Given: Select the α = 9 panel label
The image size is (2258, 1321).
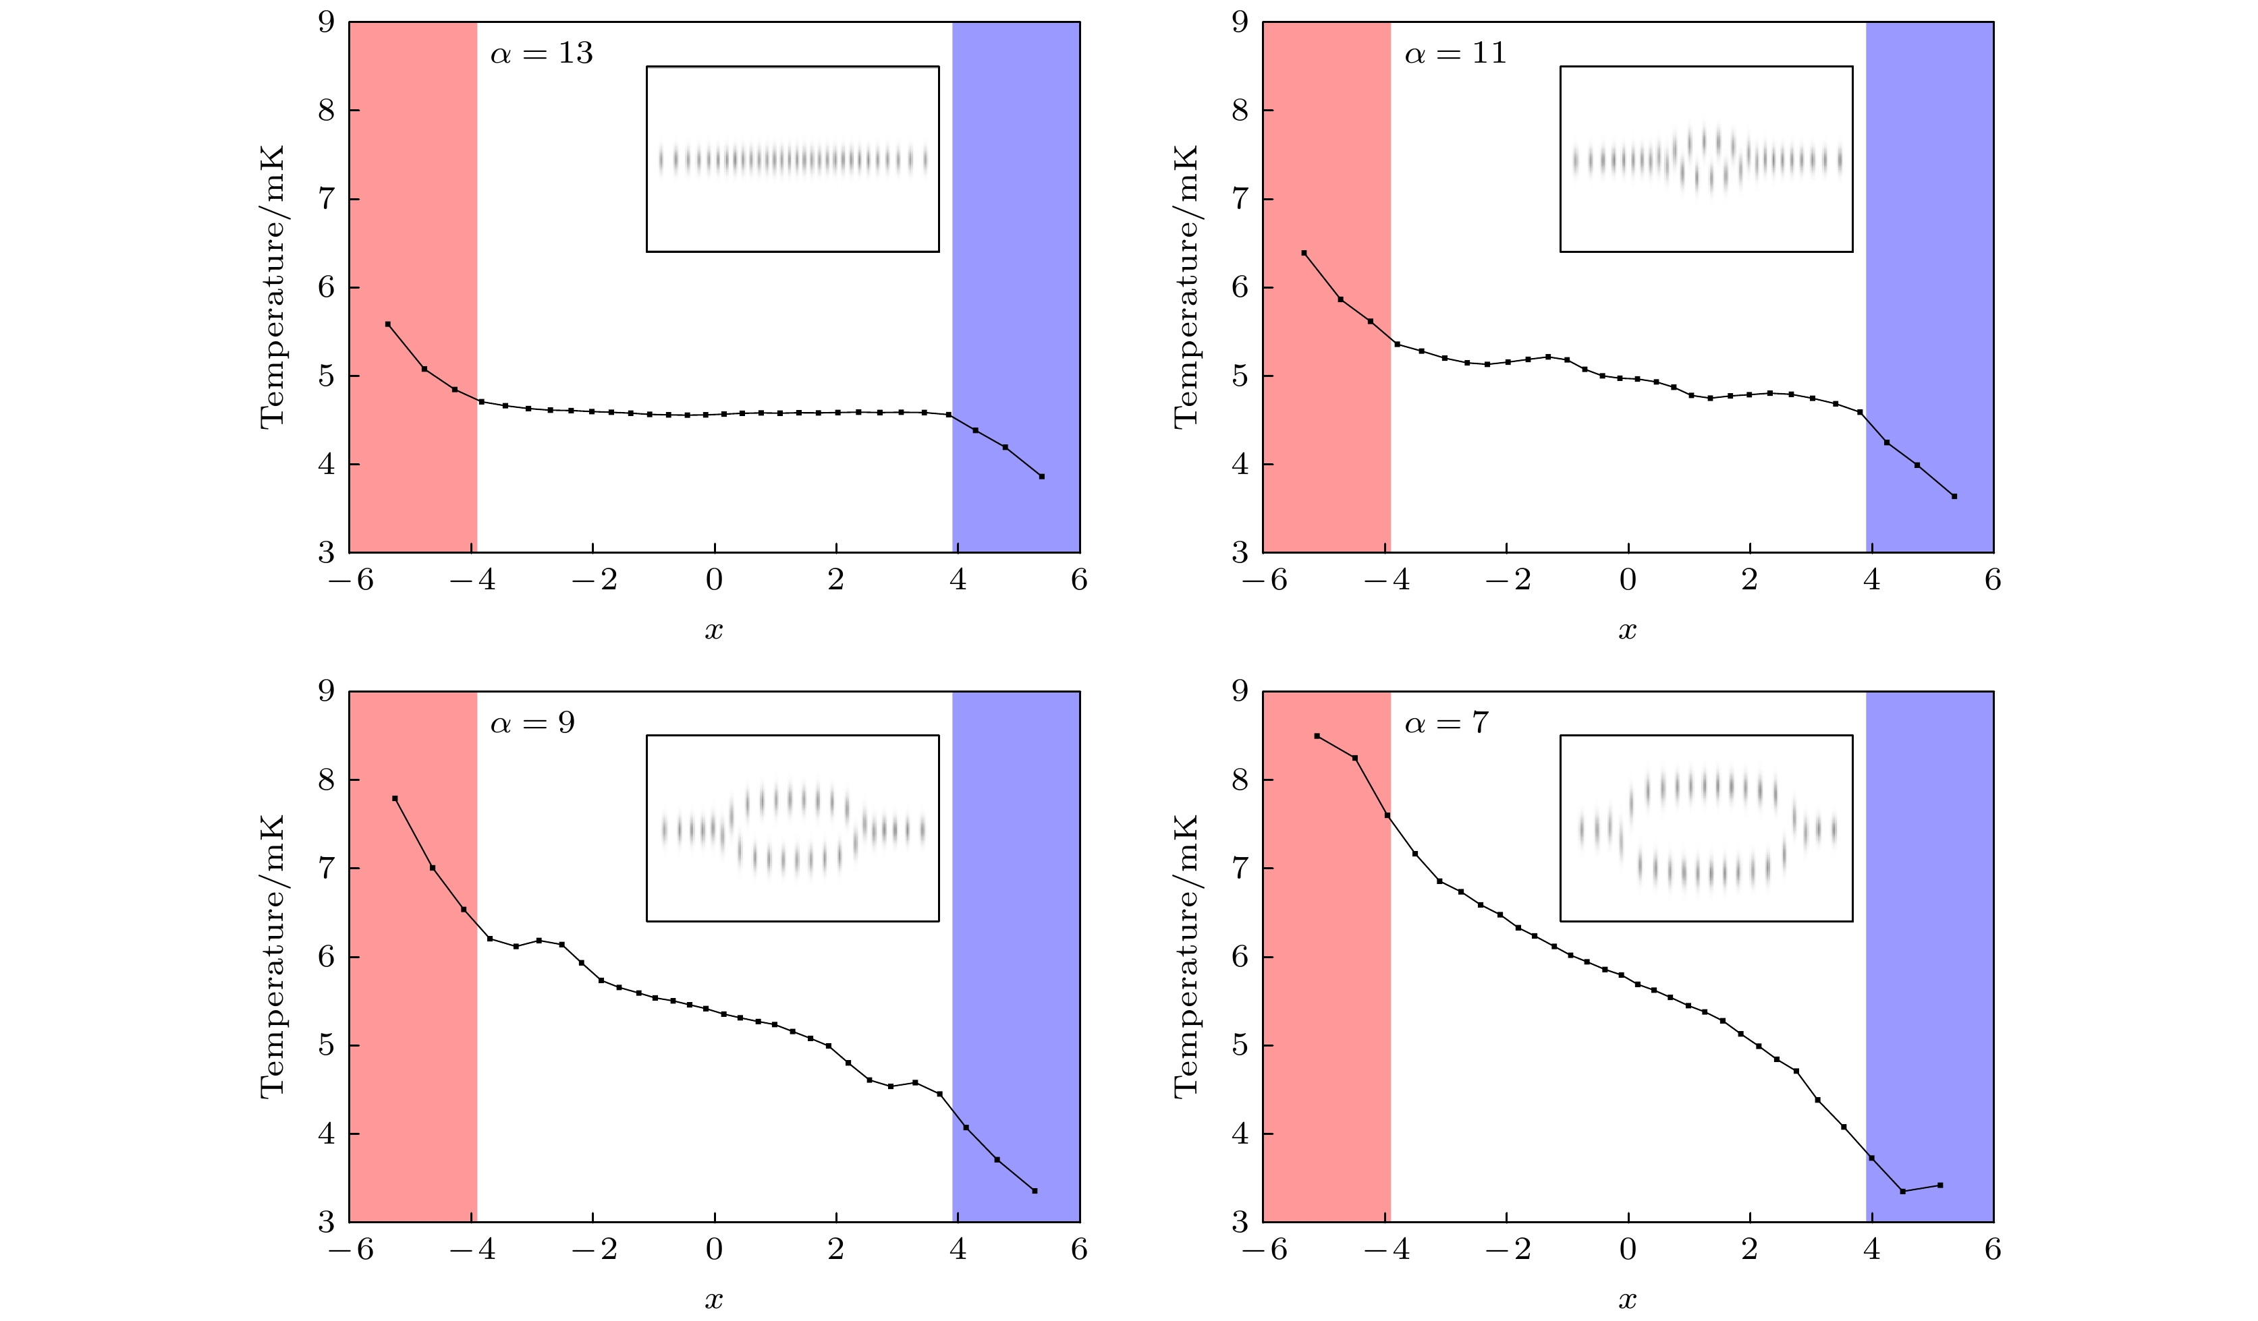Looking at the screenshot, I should [x=532, y=724].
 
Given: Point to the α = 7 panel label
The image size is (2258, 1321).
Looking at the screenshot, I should [x=1446, y=724].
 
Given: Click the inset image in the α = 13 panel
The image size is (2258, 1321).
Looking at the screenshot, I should [x=792, y=159].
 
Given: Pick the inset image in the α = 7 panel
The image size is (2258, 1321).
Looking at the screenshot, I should [x=1706, y=829].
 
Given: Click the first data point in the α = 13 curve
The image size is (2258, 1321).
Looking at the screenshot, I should [x=388, y=324].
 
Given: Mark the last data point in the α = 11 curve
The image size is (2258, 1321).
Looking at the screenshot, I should [x=1954, y=496].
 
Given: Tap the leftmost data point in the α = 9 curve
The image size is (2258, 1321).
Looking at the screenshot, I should [x=395, y=798].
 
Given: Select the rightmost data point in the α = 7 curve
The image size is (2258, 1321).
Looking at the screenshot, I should [x=1940, y=1185].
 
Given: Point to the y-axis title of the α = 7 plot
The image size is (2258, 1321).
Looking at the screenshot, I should [x=1186, y=956].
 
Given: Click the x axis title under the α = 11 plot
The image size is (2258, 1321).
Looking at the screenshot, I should [x=1627, y=630].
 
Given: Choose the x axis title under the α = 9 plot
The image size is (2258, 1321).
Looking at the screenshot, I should [x=713, y=1299].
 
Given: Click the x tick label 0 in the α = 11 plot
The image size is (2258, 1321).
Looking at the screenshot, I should [x=1628, y=581].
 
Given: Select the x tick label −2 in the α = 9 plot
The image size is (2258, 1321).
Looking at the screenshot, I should [x=594, y=1250].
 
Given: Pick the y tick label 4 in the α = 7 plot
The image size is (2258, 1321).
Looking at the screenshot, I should [x=1240, y=1134].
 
